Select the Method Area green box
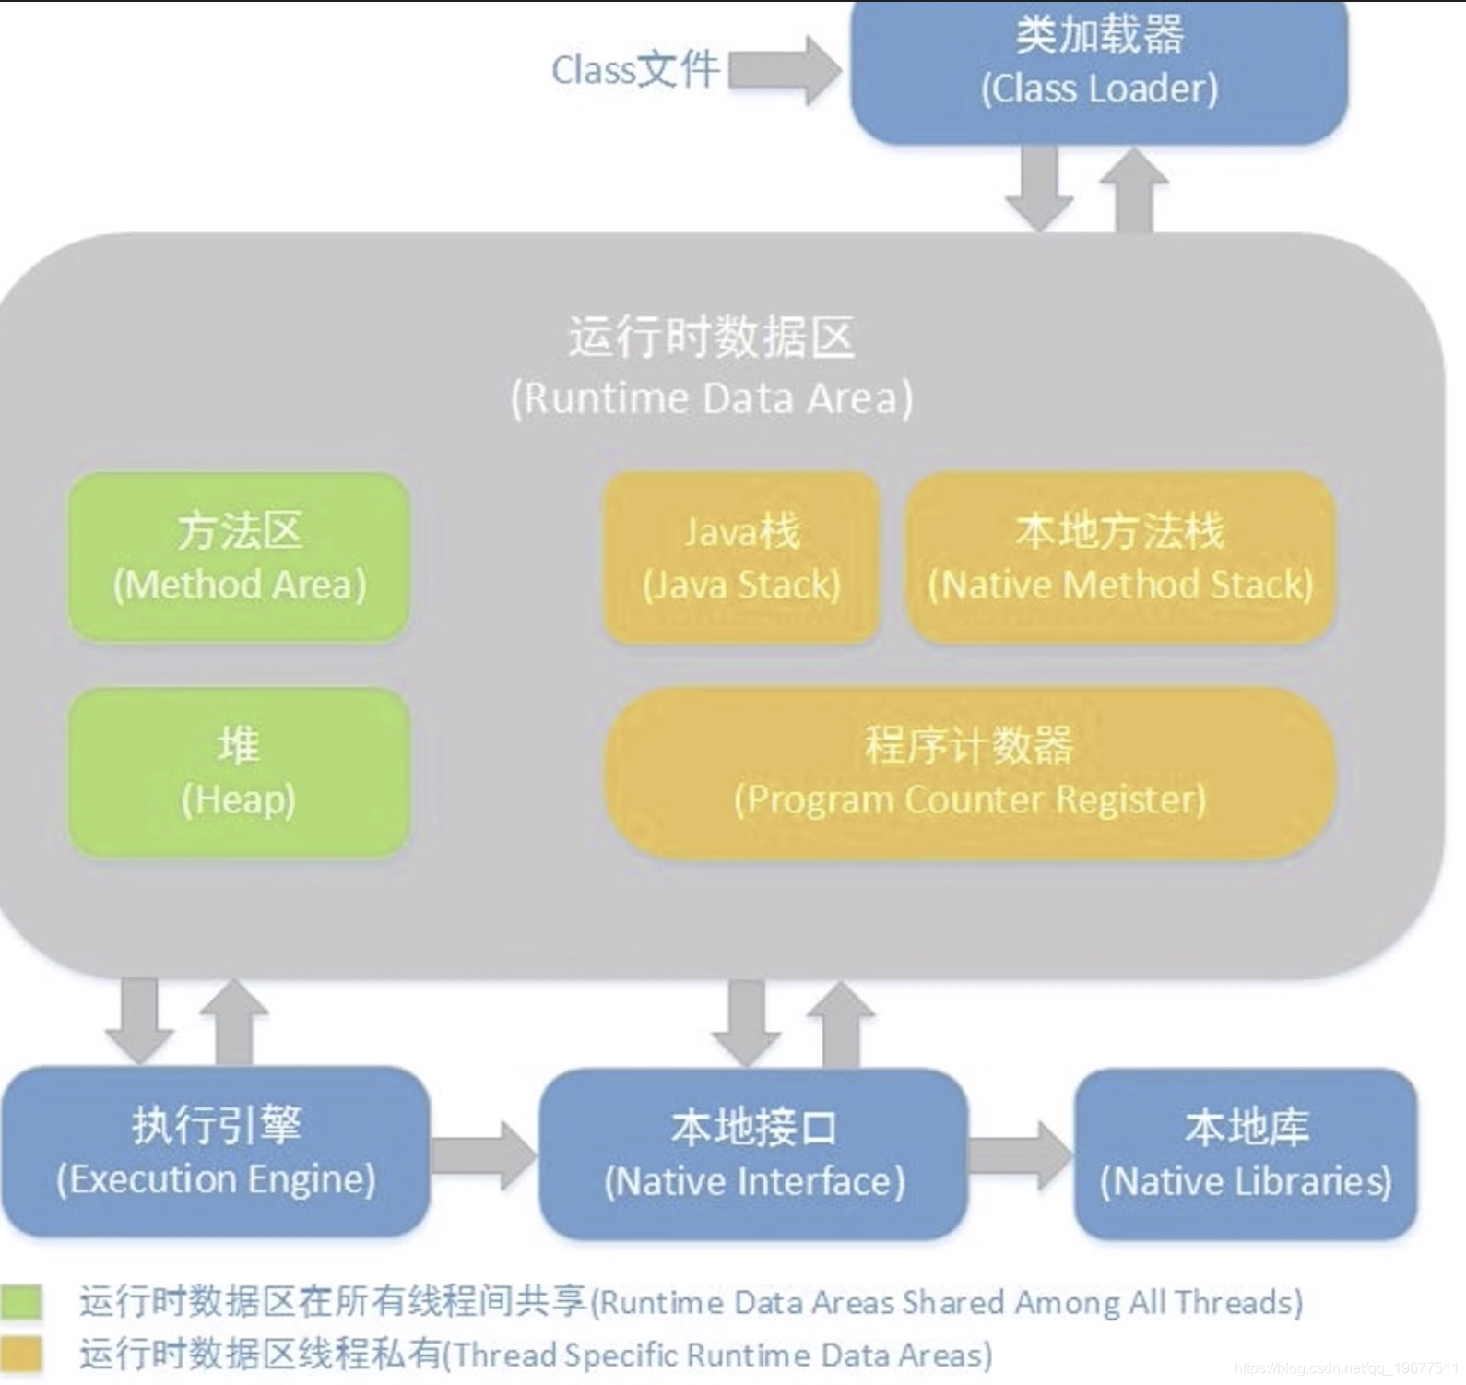[x=239, y=557]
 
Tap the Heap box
[x=239, y=773]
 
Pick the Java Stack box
[x=741, y=557]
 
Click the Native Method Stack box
[x=1120, y=557]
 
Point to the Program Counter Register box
[x=969, y=773]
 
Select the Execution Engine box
[x=216, y=1151]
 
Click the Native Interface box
[x=753, y=1154]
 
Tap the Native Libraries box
[x=1245, y=1154]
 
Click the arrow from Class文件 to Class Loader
[x=784, y=70]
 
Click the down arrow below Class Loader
[x=1039, y=188]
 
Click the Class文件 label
[x=634, y=70]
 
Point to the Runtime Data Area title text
[x=711, y=366]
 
